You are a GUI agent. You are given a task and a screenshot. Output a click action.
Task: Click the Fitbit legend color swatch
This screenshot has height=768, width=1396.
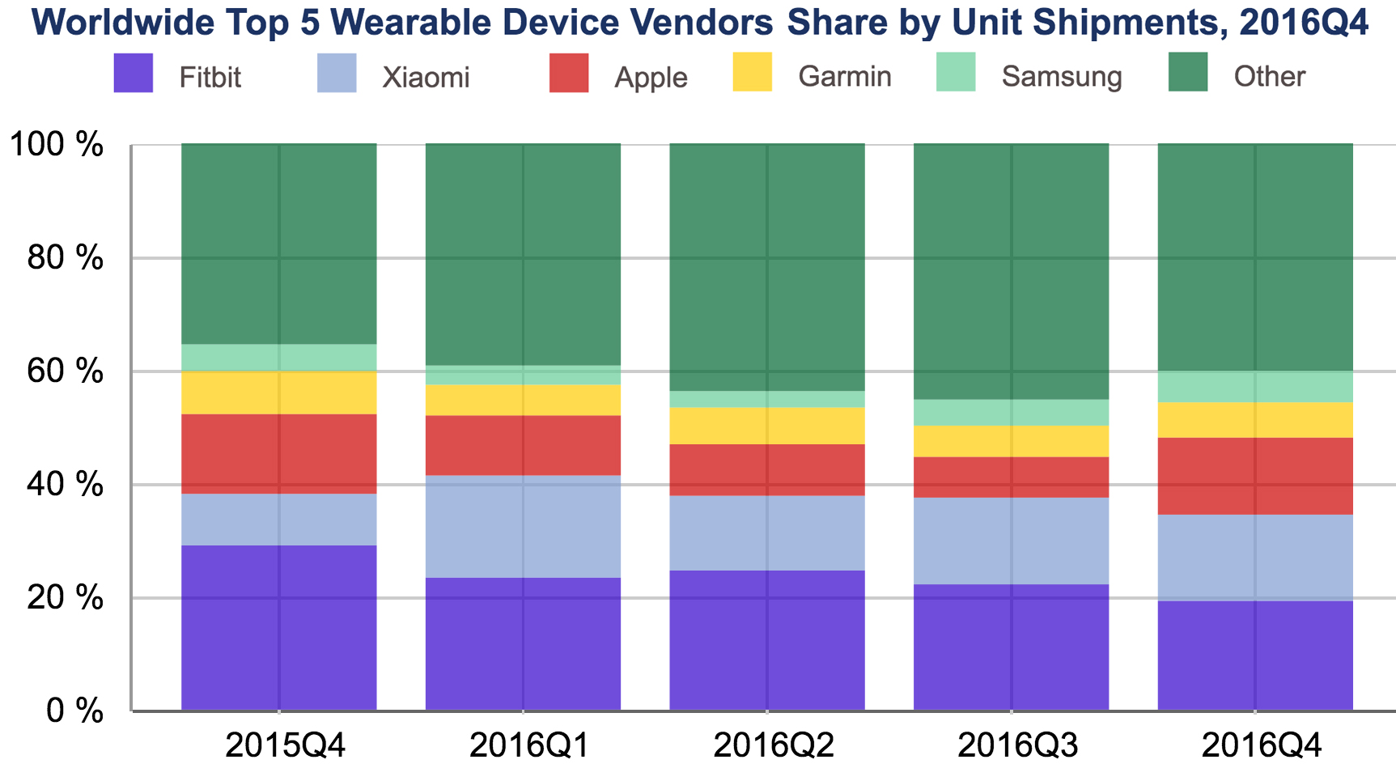pos(134,73)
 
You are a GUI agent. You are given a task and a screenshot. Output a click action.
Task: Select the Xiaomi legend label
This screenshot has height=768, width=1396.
pos(426,78)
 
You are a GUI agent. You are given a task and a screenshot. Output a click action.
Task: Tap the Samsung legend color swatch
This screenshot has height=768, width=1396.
pos(955,73)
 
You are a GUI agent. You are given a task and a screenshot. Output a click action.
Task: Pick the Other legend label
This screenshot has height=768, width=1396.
pos(1269,77)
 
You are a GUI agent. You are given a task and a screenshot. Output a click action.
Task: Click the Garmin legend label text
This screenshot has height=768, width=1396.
pos(844,77)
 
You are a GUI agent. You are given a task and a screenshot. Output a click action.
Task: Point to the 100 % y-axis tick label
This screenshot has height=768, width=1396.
pos(55,146)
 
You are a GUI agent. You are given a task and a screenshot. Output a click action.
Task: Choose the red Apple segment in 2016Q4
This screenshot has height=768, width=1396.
pos(1255,476)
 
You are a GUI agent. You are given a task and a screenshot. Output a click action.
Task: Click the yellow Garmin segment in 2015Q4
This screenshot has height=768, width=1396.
pos(279,392)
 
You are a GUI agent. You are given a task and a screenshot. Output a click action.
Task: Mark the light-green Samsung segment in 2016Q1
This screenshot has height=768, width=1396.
pos(523,375)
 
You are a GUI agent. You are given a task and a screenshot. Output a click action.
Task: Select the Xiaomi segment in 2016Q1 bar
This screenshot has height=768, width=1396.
pos(523,526)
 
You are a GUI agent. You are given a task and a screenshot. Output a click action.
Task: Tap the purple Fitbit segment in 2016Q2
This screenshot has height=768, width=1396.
pos(767,640)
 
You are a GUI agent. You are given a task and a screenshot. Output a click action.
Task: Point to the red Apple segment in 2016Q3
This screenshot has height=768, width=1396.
pos(1011,477)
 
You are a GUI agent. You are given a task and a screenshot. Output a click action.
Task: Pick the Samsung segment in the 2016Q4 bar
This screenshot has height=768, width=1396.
pos(1255,387)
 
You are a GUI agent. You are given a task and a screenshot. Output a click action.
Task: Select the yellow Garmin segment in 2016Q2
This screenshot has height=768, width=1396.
pos(767,425)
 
